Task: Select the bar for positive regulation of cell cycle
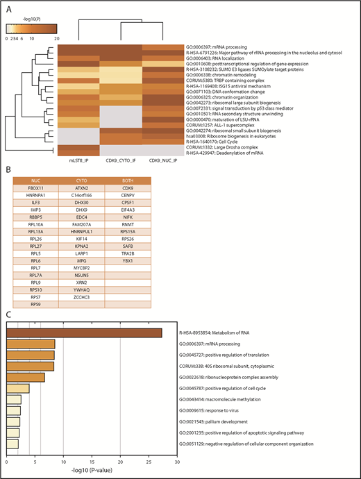pyautogui.click(x=17, y=388)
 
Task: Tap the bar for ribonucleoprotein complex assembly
pyautogui.click(x=26, y=377)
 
